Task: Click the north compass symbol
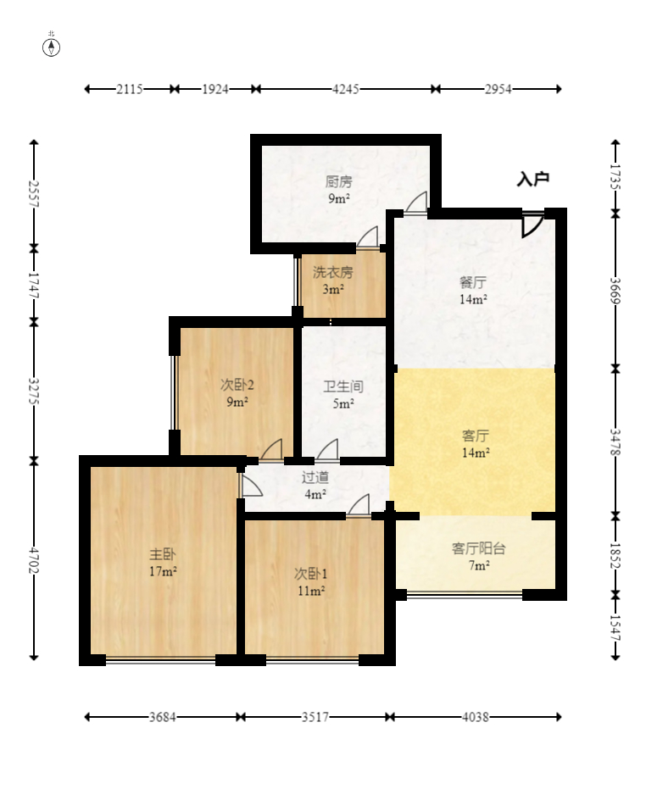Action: [51, 47]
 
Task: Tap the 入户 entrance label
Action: [532, 179]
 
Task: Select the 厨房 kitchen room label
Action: [339, 181]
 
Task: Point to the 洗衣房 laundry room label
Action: [332, 272]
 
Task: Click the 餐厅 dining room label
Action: [473, 282]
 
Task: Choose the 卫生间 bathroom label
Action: [343, 386]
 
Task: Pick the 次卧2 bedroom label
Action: [237, 384]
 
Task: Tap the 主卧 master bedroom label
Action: [163, 554]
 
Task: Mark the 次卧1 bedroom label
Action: [311, 574]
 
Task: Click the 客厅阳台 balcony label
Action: [479, 548]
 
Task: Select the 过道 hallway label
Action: [315, 477]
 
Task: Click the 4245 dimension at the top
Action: [345, 89]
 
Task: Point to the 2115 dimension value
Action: [130, 89]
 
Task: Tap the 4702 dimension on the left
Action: [34, 559]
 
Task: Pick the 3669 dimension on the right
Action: [615, 291]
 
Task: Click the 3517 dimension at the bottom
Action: [315, 717]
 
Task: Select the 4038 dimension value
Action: [476, 717]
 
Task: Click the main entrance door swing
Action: [532, 225]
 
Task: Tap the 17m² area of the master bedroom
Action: [164, 571]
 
